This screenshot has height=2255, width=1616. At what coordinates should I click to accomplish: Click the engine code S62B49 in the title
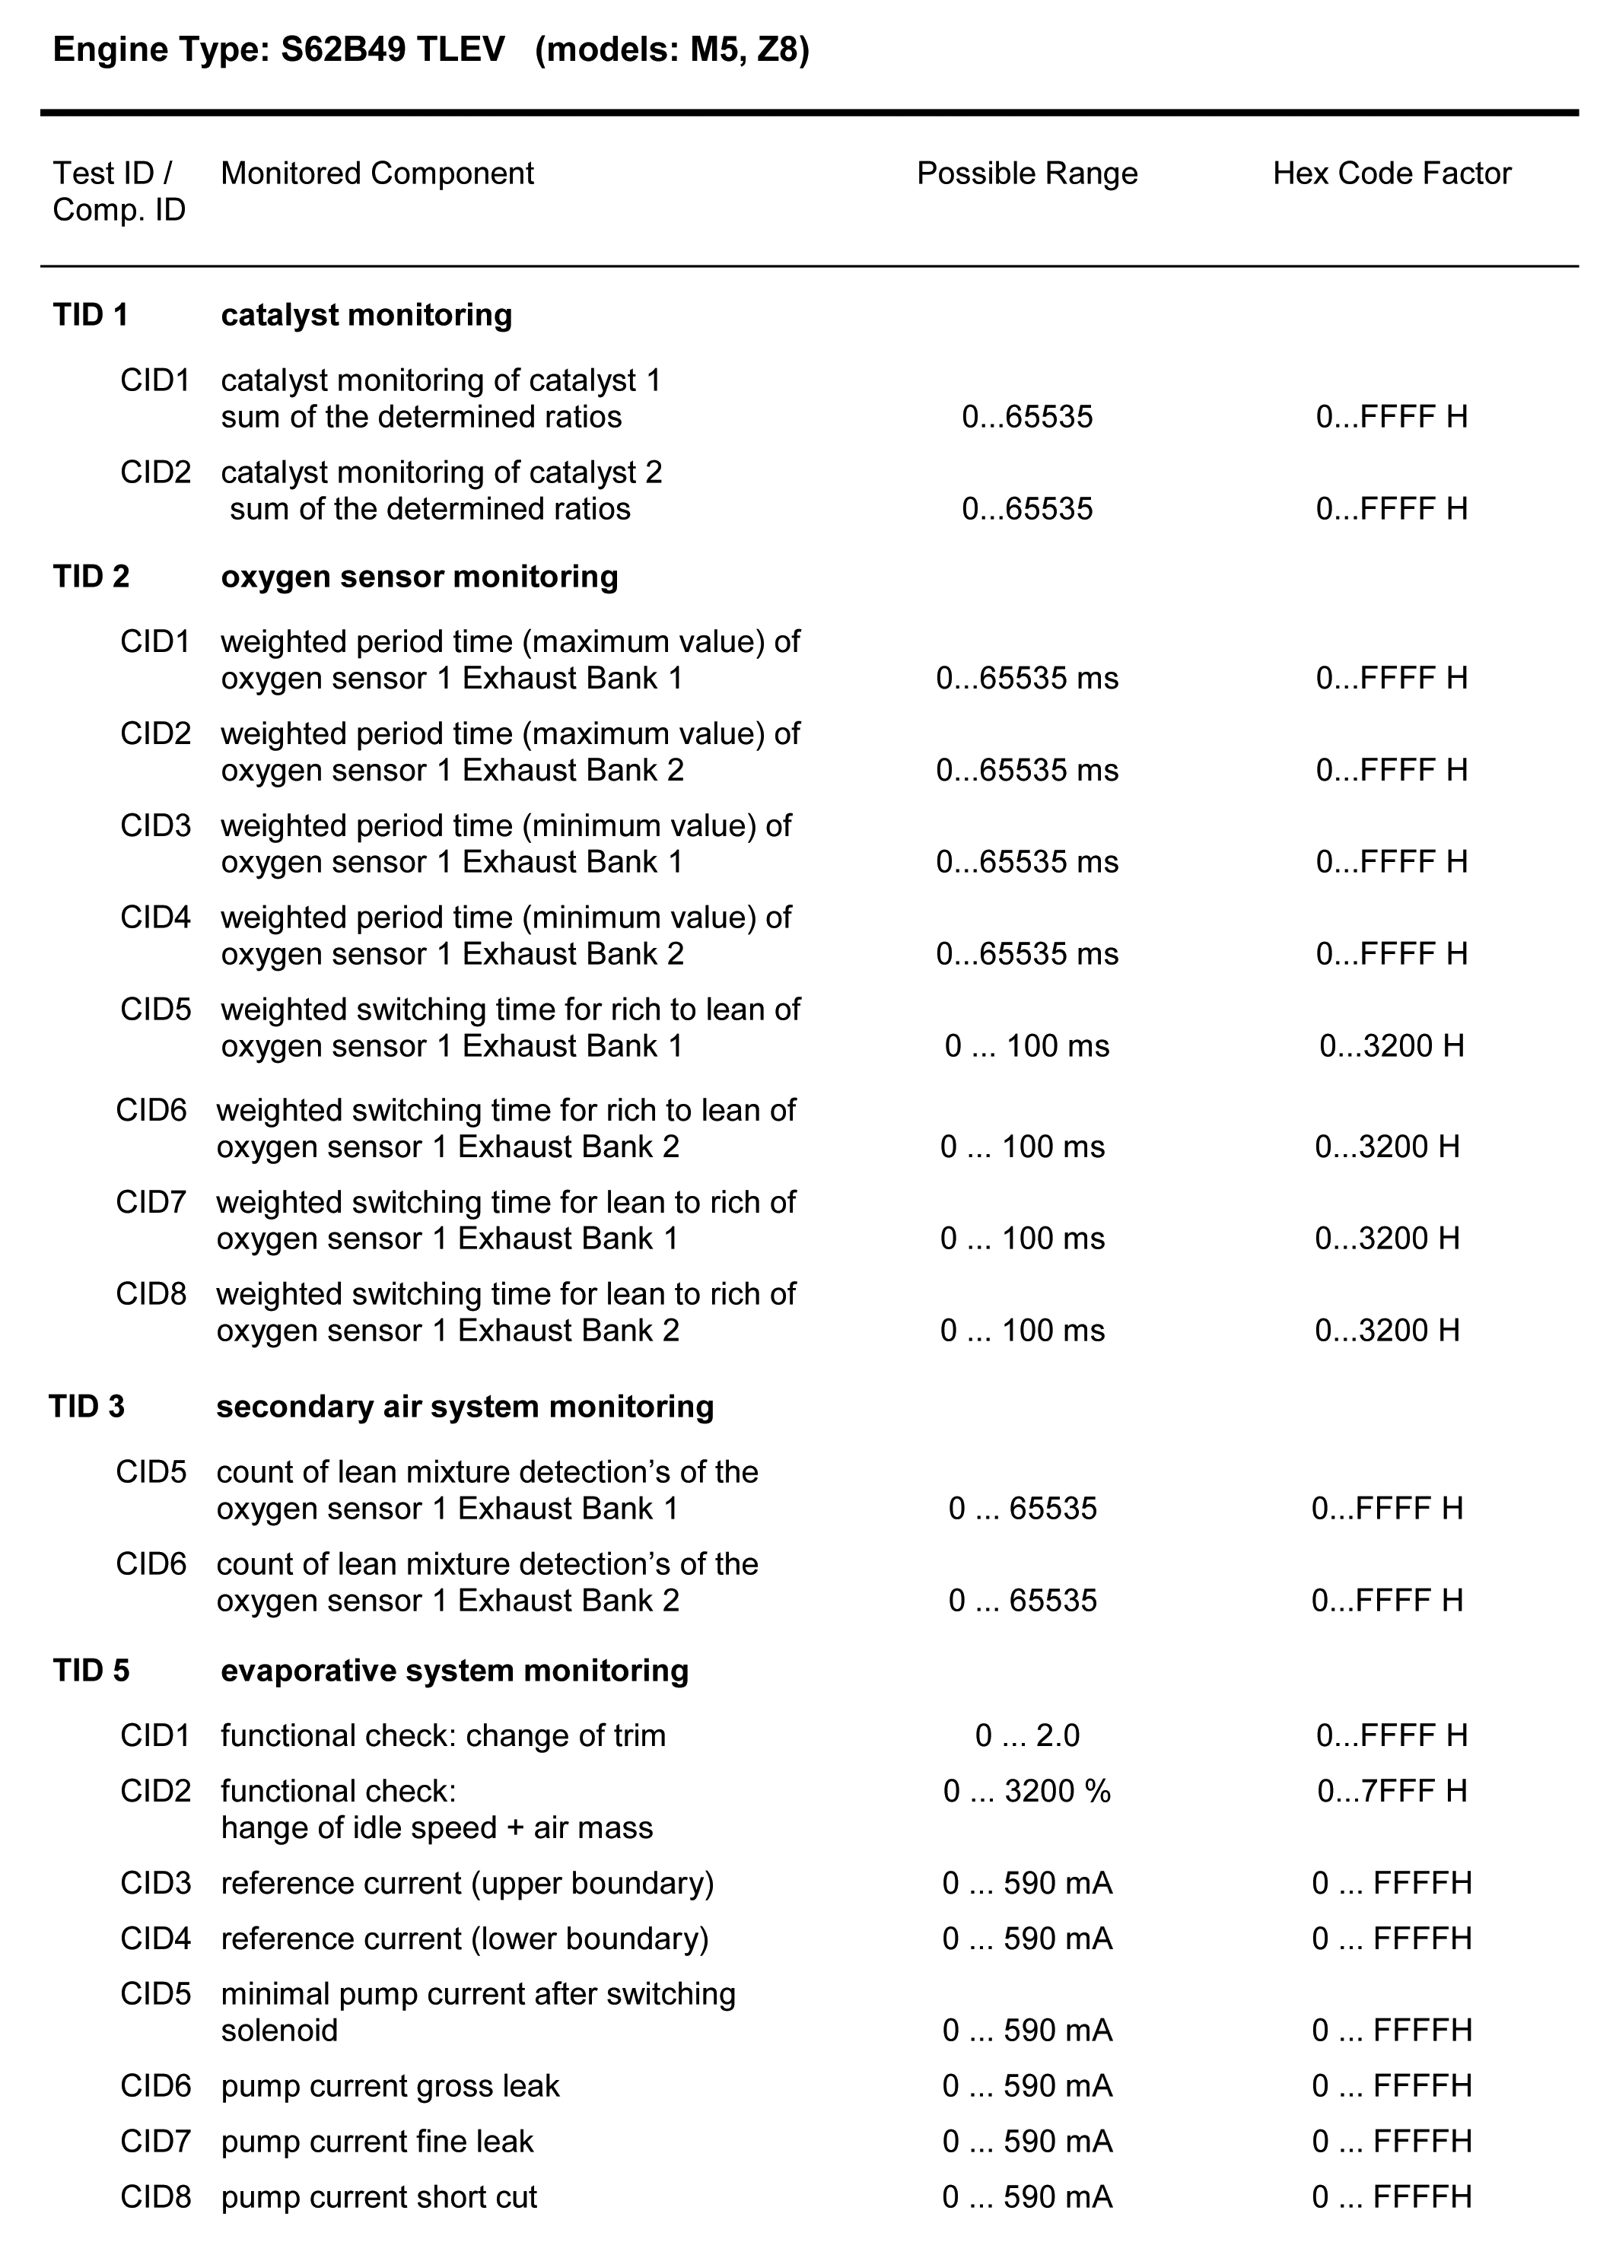coord(343,49)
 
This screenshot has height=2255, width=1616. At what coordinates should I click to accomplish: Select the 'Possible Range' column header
coord(1026,174)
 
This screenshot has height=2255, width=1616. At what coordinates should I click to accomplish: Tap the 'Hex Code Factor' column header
coord(1392,174)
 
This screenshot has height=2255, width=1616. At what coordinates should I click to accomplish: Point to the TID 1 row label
coord(91,315)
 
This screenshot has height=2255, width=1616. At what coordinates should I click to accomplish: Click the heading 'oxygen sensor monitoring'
coord(418,577)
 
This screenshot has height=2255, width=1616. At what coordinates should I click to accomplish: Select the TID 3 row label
coord(87,1407)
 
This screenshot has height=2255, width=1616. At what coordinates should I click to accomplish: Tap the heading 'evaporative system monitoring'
coord(454,1671)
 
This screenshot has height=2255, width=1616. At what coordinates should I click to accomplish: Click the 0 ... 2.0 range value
coord(1026,1736)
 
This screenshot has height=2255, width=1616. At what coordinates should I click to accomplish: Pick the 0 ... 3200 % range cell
coord(1026,1792)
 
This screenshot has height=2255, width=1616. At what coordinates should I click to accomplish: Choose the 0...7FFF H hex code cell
coord(1392,1792)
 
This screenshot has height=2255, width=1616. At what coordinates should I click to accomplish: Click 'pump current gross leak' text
coord(390,2086)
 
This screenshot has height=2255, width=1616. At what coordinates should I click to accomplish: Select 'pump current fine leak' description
coord(377,2142)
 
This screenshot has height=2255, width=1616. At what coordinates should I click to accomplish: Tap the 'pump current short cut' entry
coord(378,2197)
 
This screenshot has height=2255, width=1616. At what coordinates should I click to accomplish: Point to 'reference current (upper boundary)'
coord(467,1883)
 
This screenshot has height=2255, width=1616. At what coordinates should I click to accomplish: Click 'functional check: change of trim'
coord(443,1736)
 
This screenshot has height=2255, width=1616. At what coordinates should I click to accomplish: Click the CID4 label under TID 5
coord(155,1939)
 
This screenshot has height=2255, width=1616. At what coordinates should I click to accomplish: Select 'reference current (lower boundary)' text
coord(464,1939)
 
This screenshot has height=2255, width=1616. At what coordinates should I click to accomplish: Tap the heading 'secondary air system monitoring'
coord(464,1407)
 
